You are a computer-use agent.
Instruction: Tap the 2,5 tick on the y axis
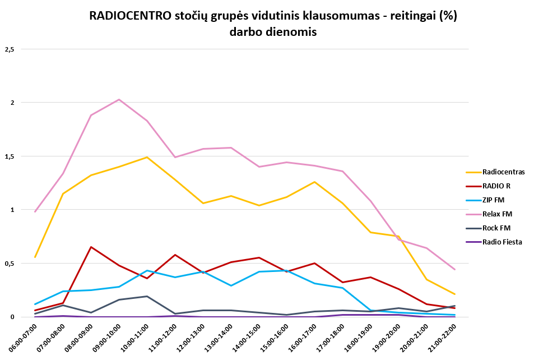9,49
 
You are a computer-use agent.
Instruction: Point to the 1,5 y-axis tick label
9,156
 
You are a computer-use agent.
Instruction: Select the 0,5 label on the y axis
9,264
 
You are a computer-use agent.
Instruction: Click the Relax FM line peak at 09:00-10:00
119,99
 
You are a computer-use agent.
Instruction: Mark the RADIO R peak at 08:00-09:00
91,247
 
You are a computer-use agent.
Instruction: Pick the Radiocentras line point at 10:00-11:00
147,157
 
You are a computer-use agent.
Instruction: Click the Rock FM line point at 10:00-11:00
147,296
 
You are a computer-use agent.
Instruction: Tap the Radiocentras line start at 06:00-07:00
35,257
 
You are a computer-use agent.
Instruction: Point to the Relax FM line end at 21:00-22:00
455,270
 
